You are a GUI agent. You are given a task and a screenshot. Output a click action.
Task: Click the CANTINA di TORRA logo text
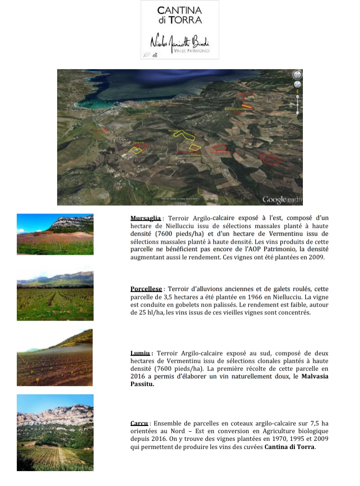click(180, 15)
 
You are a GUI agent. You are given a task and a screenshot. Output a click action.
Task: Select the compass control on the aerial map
click(297, 75)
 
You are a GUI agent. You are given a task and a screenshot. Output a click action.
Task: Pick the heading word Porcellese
click(146, 289)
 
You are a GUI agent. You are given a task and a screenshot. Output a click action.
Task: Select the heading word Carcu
click(139, 424)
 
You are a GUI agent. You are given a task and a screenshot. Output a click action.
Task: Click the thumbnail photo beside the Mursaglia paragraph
click(55, 234)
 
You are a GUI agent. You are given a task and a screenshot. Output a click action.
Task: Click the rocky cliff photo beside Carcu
click(55, 432)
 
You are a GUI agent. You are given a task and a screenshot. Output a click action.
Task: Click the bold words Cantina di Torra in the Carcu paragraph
click(289, 447)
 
